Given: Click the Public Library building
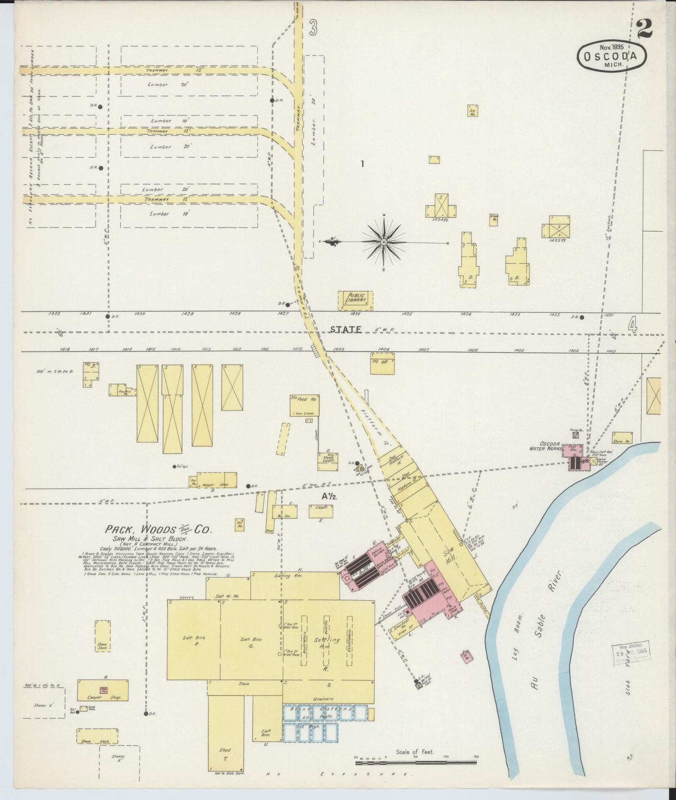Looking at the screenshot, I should (x=356, y=300).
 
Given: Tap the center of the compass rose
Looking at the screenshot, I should (x=384, y=242).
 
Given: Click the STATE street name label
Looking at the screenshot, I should (x=346, y=329).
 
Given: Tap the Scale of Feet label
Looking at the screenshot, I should (x=415, y=752).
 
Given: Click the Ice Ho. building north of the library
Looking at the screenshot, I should (x=472, y=110).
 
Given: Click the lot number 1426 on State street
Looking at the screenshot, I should (x=356, y=314).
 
